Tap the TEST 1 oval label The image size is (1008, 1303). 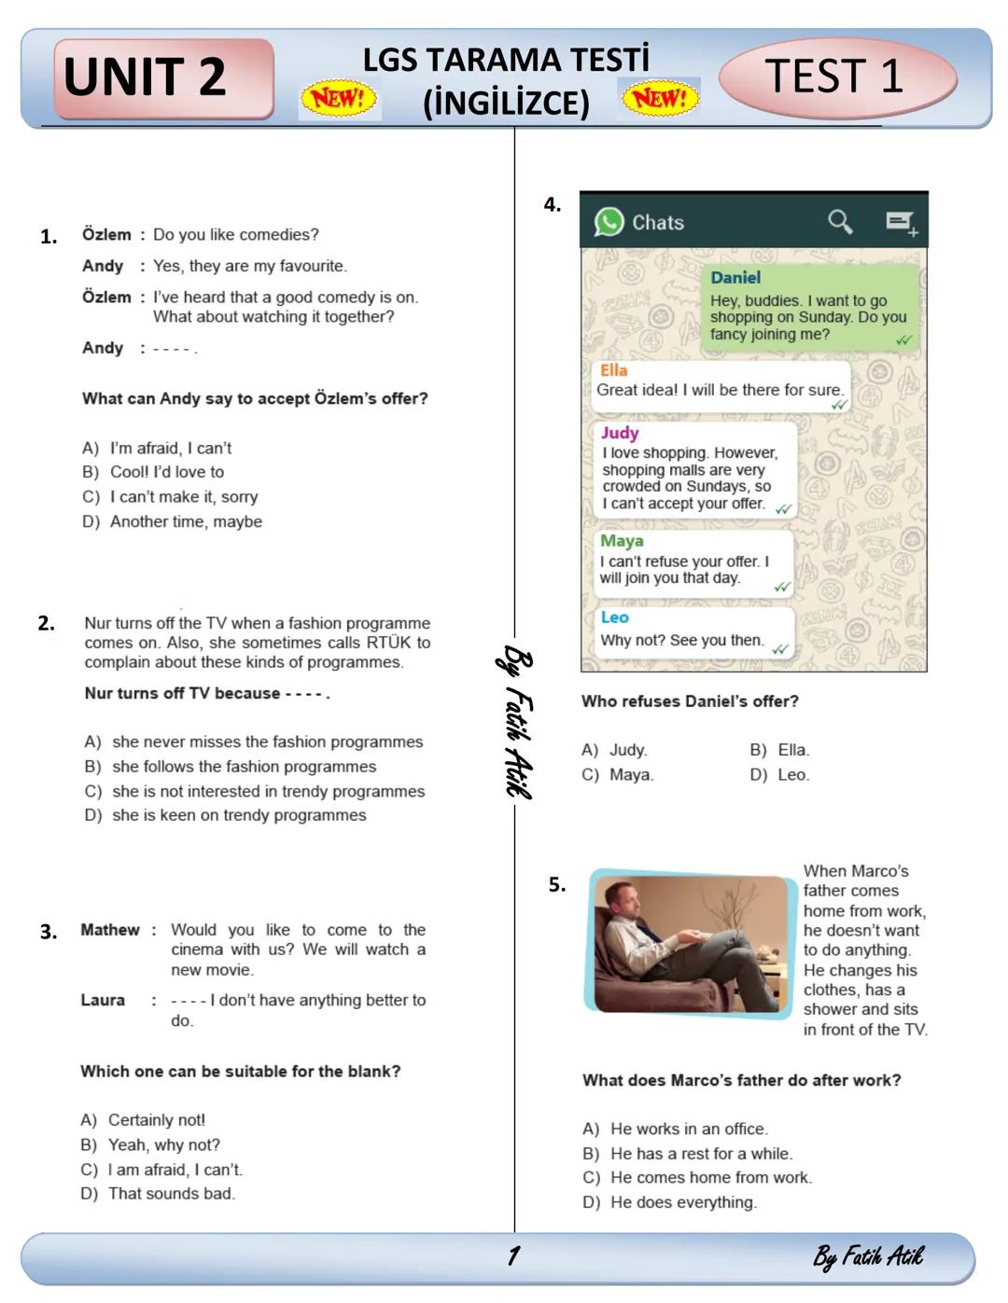tap(836, 76)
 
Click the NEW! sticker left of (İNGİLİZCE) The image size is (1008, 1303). tap(339, 98)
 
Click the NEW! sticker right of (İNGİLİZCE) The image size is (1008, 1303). tap(660, 97)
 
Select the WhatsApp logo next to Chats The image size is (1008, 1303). tap(609, 222)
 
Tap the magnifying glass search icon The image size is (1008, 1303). tap(840, 221)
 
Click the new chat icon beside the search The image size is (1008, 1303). tap(901, 222)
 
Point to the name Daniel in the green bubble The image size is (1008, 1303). tap(735, 278)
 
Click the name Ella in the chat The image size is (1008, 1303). tap(613, 370)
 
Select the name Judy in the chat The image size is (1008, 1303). tap(620, 433)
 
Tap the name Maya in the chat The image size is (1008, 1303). tap(622, 541)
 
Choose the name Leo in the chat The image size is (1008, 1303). tap(614, 617)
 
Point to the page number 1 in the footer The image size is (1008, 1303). tap(512, 1255)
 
